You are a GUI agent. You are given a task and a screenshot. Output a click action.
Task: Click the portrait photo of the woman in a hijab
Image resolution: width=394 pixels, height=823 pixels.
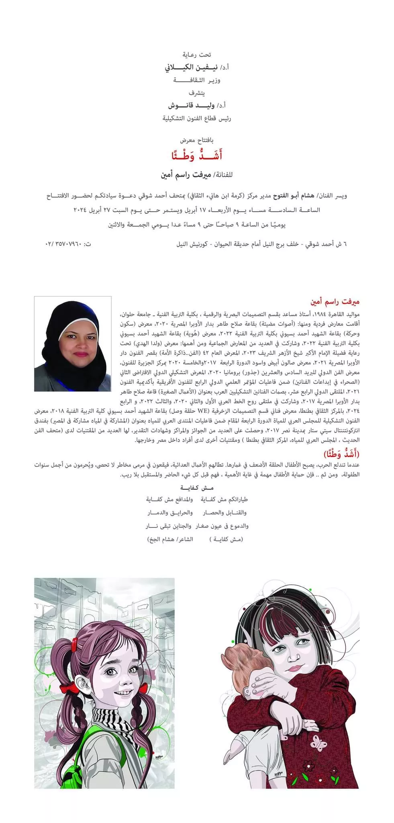(x=73, y=344)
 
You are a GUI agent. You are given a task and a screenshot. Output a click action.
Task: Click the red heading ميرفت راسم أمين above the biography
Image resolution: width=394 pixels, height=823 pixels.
(x=335, y=301)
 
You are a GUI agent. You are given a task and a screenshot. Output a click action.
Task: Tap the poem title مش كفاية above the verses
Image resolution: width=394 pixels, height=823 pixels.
(x=196, y=487)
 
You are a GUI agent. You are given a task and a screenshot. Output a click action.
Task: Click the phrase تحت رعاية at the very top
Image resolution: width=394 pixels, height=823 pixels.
(x=197, y=54)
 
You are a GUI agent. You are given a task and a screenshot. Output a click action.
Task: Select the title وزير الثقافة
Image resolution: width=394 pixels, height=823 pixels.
(x=197, y=80)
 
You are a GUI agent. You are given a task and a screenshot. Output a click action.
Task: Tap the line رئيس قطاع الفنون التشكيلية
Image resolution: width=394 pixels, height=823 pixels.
(x=197, y=119)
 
